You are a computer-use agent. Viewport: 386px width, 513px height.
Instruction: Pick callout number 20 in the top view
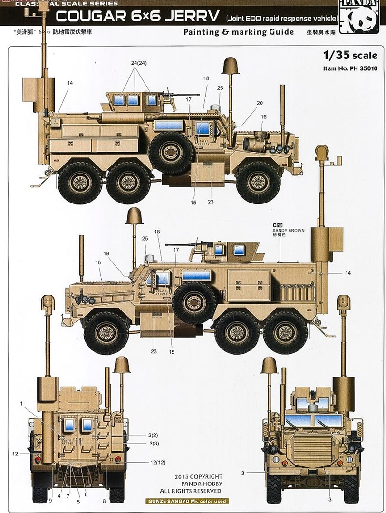260,103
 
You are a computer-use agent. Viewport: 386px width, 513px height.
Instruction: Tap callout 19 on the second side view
106,253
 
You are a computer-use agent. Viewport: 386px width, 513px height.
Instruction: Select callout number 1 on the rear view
21,404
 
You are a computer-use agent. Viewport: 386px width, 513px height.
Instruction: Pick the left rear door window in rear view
69,425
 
